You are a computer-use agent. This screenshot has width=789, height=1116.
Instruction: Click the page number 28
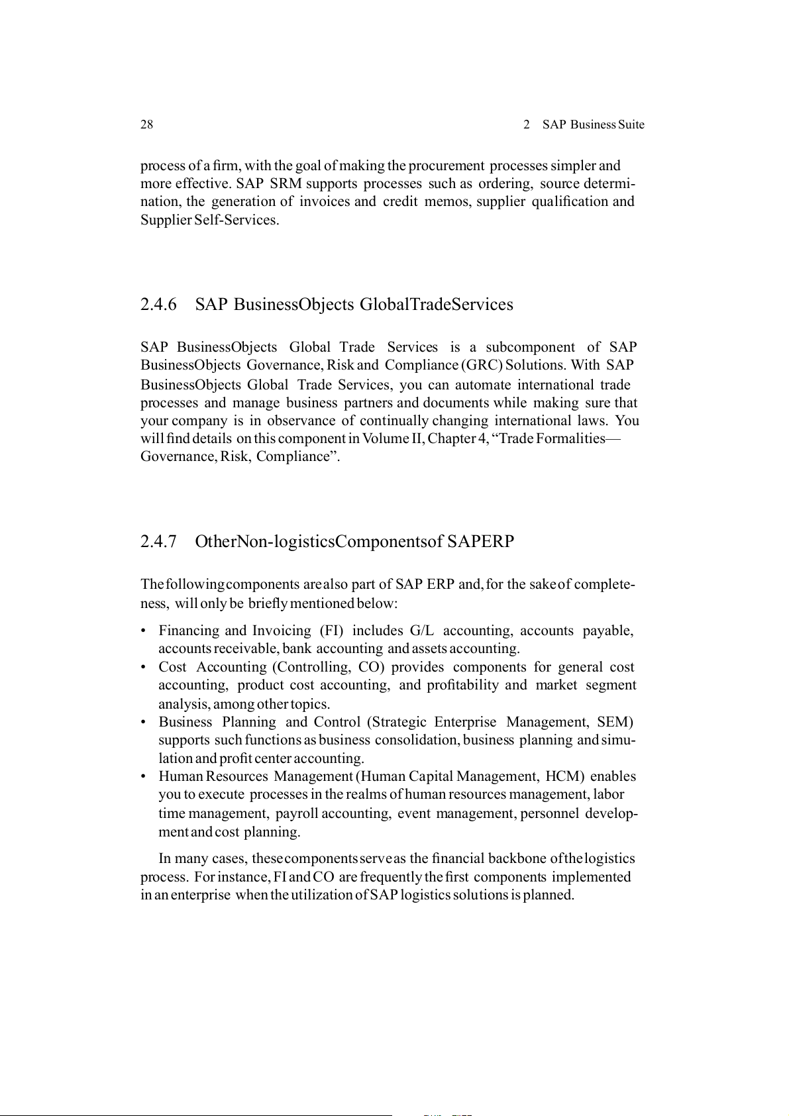146,125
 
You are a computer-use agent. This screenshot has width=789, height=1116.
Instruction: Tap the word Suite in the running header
631,125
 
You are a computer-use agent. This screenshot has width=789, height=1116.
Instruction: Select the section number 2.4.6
158,305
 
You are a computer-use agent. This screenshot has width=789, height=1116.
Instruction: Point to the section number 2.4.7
158,542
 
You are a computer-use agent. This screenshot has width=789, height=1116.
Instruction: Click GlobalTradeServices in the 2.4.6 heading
436,305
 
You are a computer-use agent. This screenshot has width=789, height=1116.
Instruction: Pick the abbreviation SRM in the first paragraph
286,183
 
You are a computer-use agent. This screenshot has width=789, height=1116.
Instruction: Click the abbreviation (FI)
331,631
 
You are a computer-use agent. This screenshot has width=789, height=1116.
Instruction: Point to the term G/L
422,631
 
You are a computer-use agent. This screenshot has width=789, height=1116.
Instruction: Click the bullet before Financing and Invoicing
143,631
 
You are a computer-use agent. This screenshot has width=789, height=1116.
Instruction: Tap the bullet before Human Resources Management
143,777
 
